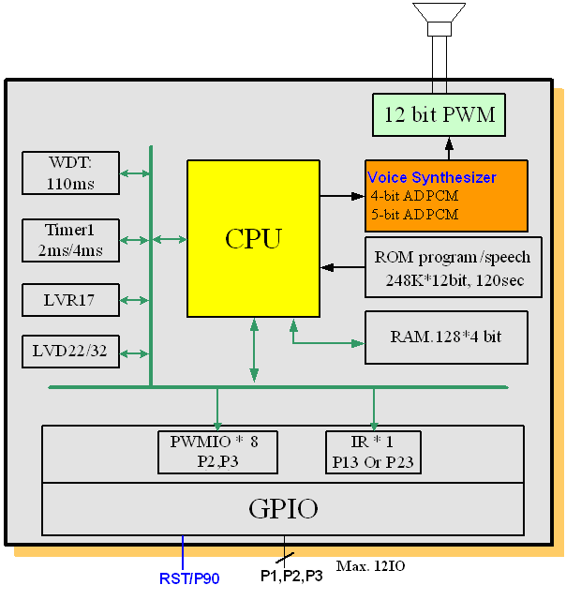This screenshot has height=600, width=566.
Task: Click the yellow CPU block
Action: (x=253, y=238)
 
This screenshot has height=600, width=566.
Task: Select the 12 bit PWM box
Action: (x=439, y=116)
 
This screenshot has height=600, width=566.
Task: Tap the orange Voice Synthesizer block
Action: (x=445, y=195)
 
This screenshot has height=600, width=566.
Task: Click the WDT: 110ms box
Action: (x=71, y=172)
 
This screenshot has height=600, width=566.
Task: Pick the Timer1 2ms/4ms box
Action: (x=71, y=240)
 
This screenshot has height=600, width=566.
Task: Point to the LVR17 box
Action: (x=71, y=300)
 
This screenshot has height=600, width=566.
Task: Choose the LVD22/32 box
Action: (x=71, y=352)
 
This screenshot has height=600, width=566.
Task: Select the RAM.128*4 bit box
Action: (x=446, y=336)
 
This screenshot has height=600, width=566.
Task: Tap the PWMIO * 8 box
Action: (x=217, y=452)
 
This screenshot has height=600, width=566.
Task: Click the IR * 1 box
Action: (x=374, y=452)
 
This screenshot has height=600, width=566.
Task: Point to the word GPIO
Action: (x=283, y=510)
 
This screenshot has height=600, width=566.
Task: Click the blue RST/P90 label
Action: (x=188, y=578)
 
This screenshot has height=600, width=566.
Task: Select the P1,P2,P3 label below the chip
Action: (x=291, y=576)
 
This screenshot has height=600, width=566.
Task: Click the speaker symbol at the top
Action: (x=439, y=17)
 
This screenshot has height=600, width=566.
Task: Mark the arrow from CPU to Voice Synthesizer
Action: (x=341, y=196)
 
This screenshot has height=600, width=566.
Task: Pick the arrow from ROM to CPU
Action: (x=342, y=267)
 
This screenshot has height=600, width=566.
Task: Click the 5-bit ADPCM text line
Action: (x=415, y=215)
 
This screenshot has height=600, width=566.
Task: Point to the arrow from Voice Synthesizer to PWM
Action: (x=449, y=148)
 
